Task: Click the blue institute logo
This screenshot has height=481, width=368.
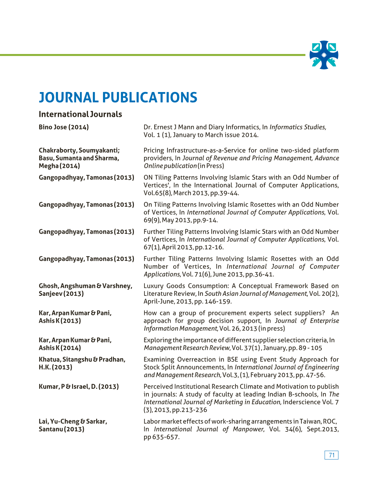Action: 324,55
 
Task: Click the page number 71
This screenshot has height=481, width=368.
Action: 331,455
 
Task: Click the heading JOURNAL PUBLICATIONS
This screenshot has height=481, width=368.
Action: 118,97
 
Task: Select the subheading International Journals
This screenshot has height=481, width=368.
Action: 80,114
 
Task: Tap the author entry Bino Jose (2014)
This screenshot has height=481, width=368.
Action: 64,127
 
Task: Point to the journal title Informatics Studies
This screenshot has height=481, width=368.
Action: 298,127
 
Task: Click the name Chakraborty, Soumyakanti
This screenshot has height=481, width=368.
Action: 79,150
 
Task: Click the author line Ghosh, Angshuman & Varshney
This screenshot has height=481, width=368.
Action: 85,286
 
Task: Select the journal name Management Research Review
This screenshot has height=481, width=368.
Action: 187,348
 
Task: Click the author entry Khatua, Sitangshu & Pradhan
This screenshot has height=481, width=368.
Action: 82,359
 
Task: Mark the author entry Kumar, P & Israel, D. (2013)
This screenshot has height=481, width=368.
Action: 78,387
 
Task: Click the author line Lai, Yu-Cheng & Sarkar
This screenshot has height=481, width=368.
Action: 73,422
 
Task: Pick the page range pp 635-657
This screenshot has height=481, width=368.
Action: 161,437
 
